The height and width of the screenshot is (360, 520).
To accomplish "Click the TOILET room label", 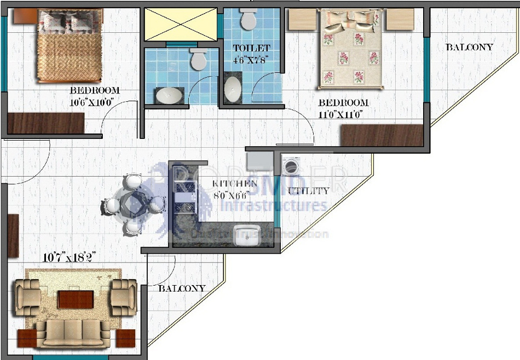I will click(251, 48).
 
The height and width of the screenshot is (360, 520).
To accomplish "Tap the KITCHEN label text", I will click(235, 184).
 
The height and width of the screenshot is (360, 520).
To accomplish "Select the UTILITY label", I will click(309, 191).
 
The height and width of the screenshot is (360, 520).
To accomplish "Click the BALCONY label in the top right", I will click(469, 47).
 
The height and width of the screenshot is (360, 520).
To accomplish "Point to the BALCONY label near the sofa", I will click(182, 288).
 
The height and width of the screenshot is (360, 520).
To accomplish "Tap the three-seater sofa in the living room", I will click(74, 332).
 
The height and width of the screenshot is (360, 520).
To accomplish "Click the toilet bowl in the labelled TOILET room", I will click(249, 20).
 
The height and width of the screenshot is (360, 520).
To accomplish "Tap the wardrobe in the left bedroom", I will click(46, 123).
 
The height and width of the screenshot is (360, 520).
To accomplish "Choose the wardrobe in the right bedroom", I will click(382, 135).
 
